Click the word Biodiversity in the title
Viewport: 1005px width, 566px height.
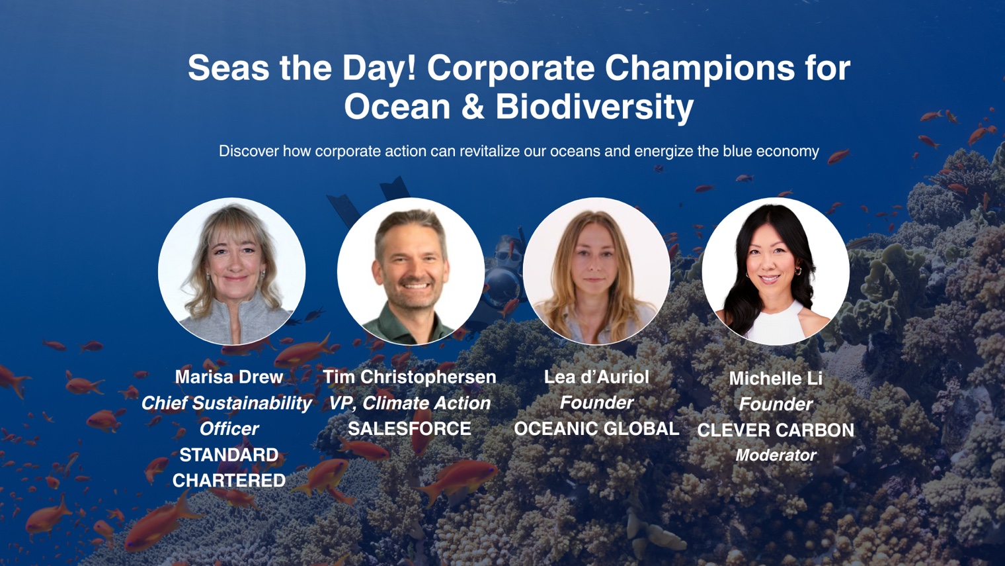point(594,107)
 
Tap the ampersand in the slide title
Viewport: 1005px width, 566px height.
point(473,107)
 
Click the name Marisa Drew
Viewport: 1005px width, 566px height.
point(229,377)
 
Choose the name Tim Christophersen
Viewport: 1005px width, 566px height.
point(410,377)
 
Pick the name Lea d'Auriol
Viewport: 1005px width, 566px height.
point(596,377)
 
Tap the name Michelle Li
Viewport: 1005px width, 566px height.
point(776,378)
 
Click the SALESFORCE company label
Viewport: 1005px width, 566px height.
point(410,428)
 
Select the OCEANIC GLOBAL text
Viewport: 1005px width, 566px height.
point(596,428)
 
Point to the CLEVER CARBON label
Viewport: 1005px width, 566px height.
point(776,430)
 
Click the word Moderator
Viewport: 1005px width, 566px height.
point(776,455)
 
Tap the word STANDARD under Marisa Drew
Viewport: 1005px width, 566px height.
point(229,455)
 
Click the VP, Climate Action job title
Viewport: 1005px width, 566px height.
point(410,403)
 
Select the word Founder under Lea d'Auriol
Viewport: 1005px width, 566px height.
point(596,402)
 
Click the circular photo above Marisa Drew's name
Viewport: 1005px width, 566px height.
point(231,271)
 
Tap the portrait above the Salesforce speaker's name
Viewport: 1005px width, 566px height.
point(411,271)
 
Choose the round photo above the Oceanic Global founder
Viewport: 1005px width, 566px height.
point(596,271)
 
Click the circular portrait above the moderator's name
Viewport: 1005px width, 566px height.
point(776,271)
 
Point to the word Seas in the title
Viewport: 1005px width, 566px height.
point(228,68)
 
